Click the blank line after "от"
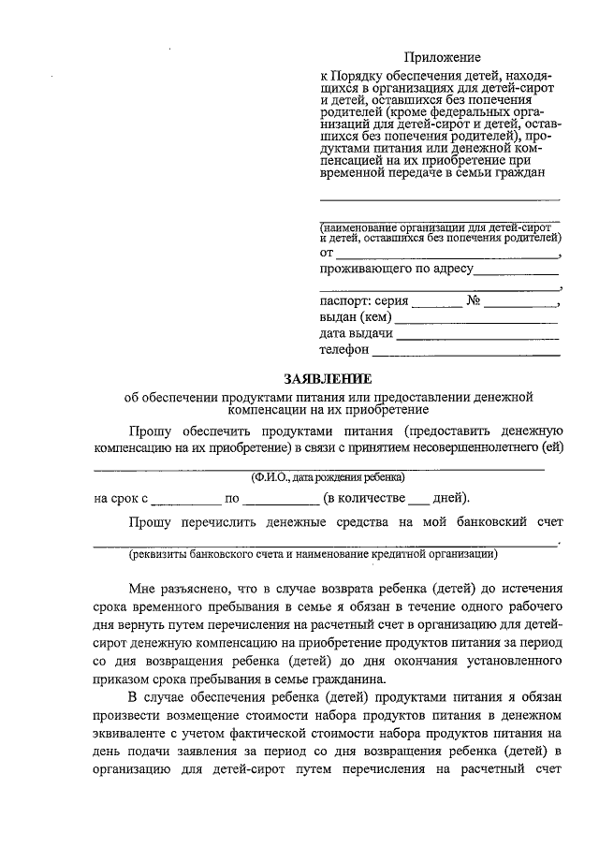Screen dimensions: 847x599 [x=446, y=254]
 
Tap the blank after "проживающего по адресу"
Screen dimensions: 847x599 [x=517, y=271]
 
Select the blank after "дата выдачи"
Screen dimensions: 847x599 [x=478, y=335]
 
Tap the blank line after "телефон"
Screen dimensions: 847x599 [x=465, y=352]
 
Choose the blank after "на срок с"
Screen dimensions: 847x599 [x=185, y=498]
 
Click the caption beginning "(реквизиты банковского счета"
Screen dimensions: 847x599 [x=314, y=554]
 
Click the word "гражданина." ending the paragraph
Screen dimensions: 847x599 [x=354, y=679]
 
